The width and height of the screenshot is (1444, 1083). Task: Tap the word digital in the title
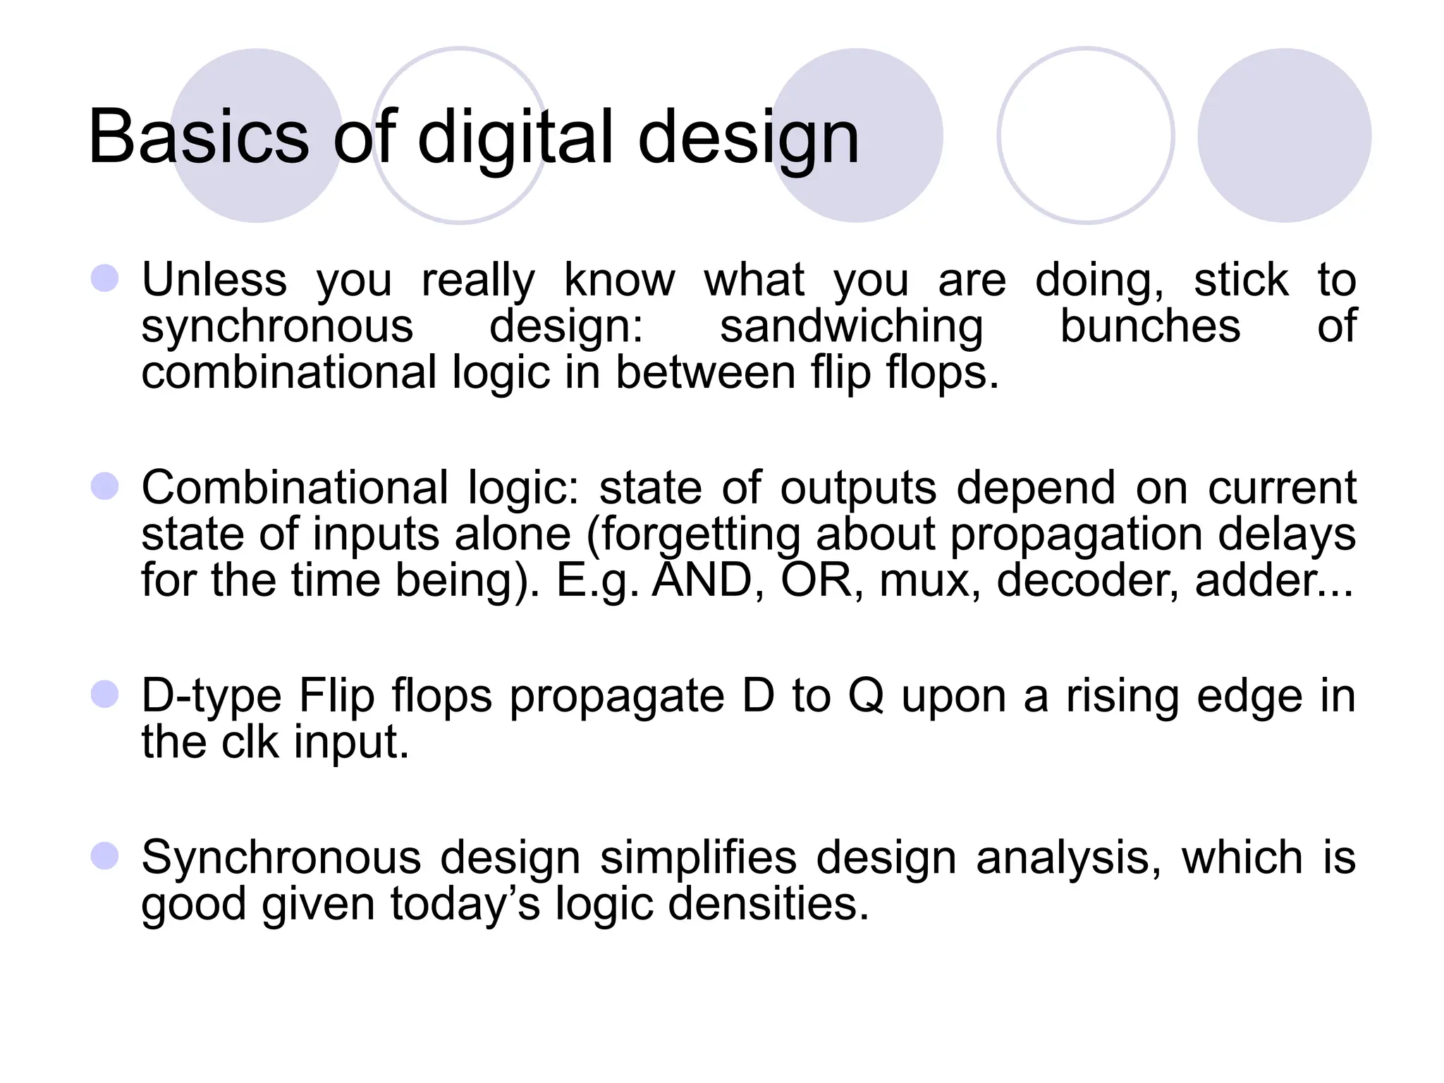[x=515, y=137]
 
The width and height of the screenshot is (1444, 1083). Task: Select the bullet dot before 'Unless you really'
[x=104, y=279]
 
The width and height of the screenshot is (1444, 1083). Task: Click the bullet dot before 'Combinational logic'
[x=104, y=487]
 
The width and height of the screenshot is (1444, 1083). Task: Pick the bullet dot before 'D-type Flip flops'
[x=104, y=695]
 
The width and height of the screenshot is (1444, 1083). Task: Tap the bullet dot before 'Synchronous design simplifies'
[x=104, y=856]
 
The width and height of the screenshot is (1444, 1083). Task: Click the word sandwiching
[x=851, y=327]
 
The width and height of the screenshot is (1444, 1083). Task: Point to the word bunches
[x=1150, y=326]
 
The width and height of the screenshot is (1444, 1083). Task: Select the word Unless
[x=214, y=279]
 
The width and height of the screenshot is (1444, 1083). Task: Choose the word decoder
[x=1087, y=580]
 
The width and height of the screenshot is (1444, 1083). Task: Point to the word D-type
[x=212, y=697]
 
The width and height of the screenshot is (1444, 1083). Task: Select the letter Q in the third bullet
[x=866, y=697]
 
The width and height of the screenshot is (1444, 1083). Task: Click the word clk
[x=250, y=742]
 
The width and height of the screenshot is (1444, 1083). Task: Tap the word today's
[x=465, y=904]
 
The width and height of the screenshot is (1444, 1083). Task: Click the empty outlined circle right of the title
[x=1086, y=135]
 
